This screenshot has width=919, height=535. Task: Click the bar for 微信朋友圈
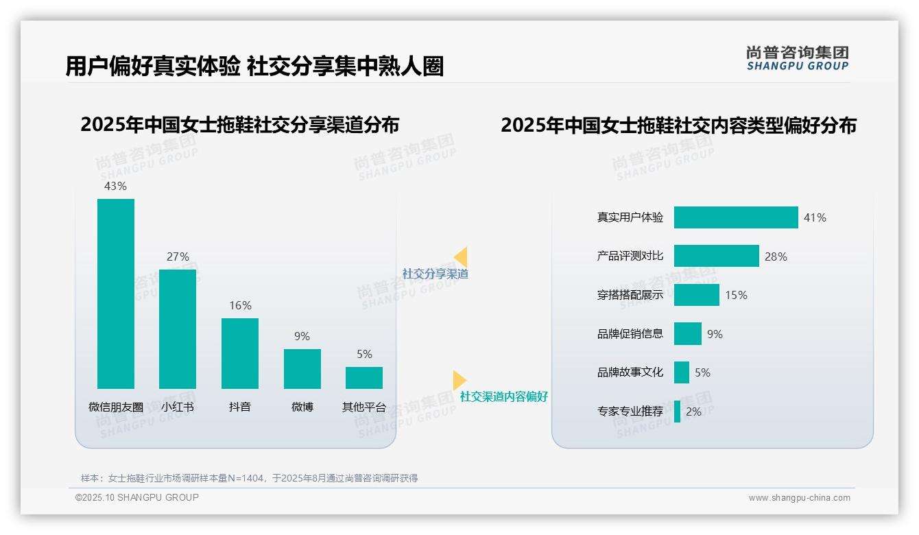coord(116,294)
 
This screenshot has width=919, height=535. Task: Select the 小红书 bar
coord(178,329)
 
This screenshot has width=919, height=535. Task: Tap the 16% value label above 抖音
coord(241,306)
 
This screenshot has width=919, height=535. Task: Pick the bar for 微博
coord(302,369)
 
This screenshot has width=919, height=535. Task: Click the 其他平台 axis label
coord(364,407)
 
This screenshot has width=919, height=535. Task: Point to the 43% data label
coord(115,186)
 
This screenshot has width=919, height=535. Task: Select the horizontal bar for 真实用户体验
coord(736,217)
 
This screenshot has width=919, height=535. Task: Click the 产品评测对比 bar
coord(716,256)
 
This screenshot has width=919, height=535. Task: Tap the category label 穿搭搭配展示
coord(630,295)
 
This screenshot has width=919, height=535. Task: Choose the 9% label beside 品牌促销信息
coord(715,334)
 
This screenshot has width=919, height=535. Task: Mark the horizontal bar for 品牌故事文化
coord(682,372)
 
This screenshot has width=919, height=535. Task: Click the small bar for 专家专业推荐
coord(678,412)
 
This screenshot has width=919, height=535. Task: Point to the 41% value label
coord(815,217)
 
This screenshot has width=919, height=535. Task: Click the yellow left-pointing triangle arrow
coord(461,257)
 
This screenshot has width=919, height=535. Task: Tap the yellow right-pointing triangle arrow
coord(459,380)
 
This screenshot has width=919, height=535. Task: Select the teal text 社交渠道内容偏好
coord(504,396)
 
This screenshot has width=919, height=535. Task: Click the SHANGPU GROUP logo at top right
coord(797,59)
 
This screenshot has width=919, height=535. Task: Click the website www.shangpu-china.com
coord(799,498)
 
